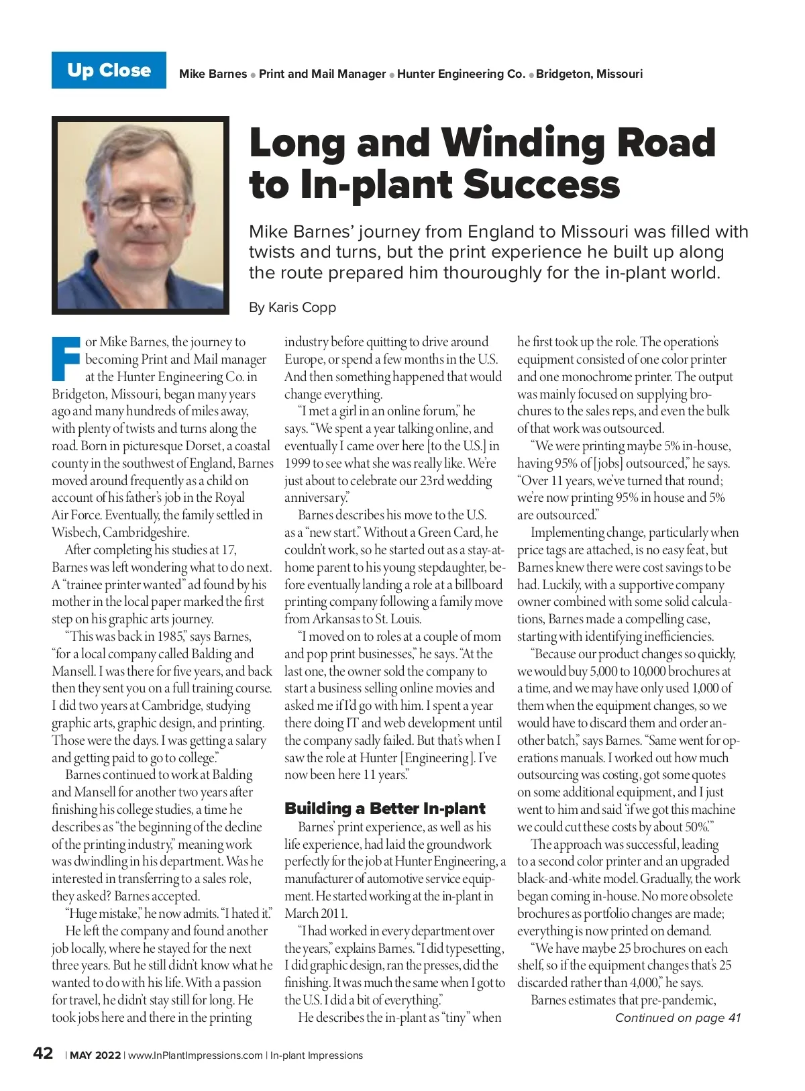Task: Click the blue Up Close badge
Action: point(109,70)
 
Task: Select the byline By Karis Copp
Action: point(292,307)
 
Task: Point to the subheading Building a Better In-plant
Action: point(384,809)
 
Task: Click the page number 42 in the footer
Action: point(43,1053)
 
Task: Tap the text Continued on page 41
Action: point(678,1018)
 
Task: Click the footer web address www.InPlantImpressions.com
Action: point(195,1055)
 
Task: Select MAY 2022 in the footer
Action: point(95,1055)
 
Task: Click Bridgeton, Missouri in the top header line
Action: point(589,74)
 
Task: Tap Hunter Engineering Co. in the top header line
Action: point(461,74)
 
